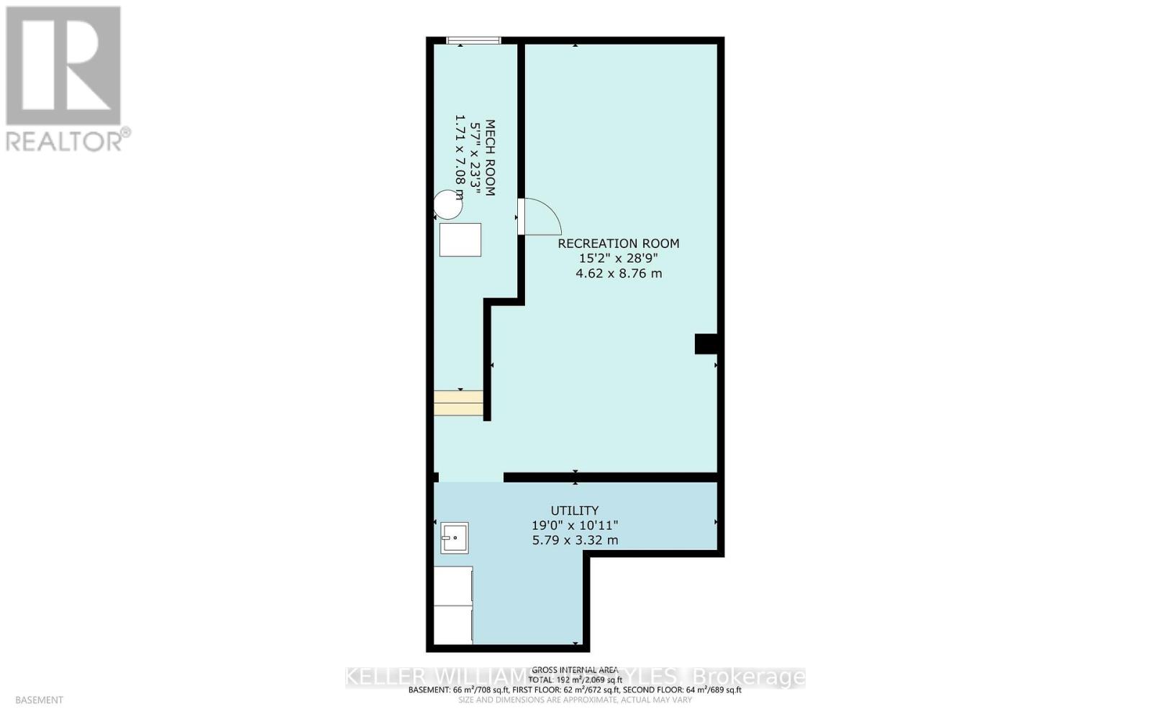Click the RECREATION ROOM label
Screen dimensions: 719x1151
click(x=619, y=244)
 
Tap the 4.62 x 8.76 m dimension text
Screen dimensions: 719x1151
click(x=619, y=273)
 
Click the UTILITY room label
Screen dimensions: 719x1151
click(x=574, y=511)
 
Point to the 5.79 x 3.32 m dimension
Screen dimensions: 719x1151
click(x=575, y=540)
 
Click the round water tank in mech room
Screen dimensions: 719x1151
click(x=449, y=205)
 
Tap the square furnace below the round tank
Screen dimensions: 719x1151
click(x=460, y=239)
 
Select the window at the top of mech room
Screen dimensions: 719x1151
click(x=473, y=41)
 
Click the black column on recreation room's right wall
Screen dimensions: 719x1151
click(x=706, y=344)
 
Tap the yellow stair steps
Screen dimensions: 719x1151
click(x=458, y=403)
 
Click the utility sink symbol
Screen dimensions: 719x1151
click(x=455, y=538)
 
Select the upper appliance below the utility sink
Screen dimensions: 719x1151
click(x=453, y=585)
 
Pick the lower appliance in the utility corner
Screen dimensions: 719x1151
click(x=453, y=624)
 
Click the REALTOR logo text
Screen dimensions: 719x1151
click(x=68, y=139)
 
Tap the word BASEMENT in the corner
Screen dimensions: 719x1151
click(x=39, y=700)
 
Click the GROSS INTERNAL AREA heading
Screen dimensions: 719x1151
click(x=575, y=669)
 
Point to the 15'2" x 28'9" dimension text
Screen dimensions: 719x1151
click(x=619, y=259)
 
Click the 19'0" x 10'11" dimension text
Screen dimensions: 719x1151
click(x=575, y=526)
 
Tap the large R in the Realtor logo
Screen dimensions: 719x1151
click(x=63, y=66)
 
